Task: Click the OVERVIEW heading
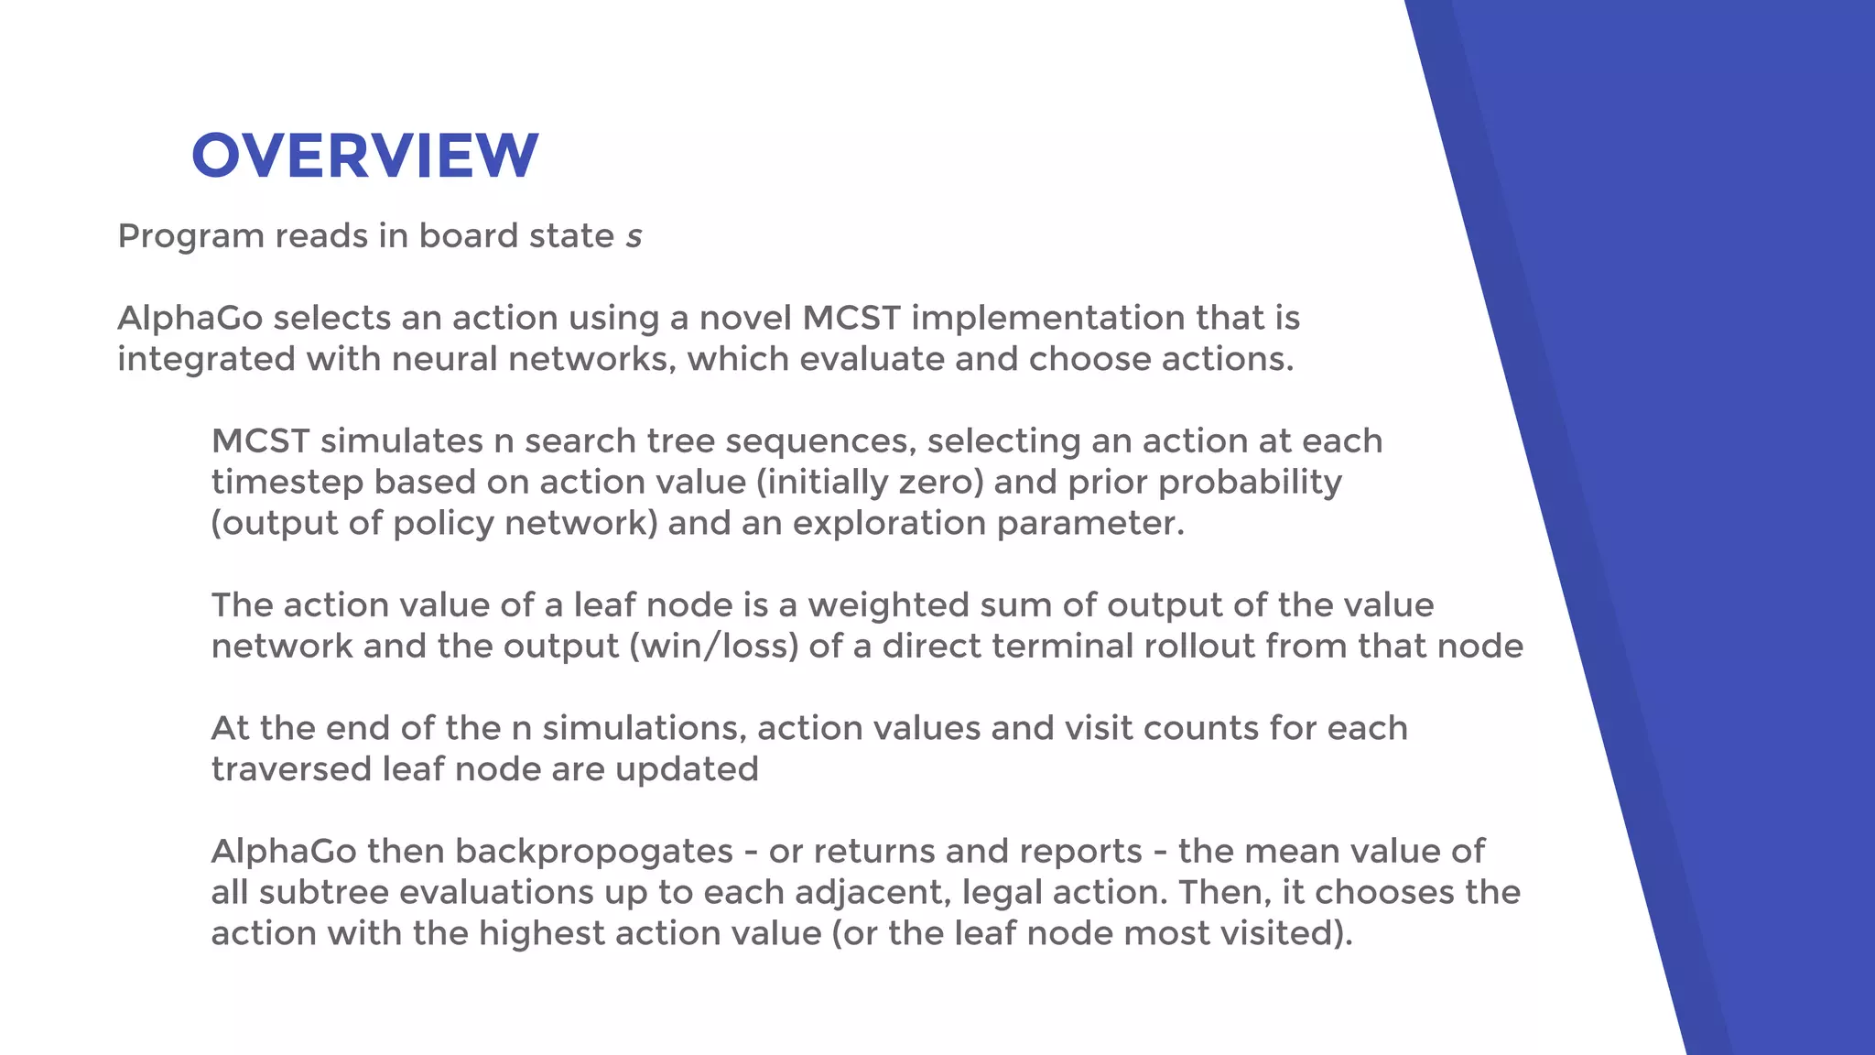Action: pos(364,155)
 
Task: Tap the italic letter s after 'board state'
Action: pos(634,236)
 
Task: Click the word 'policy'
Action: pos(443,524)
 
